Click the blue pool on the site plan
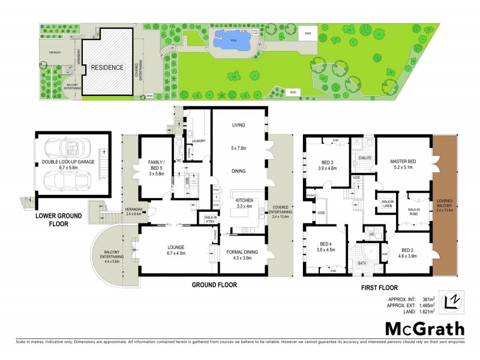230,41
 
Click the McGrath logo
424,329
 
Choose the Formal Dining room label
241,255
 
